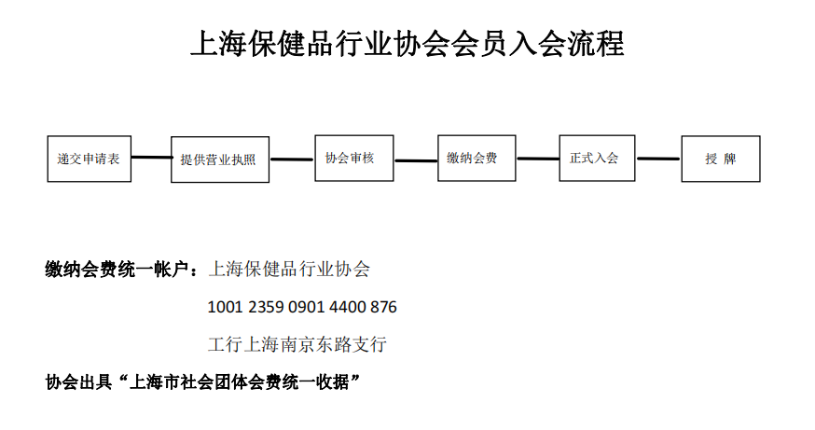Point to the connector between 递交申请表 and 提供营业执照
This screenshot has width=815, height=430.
[x=151, y=157]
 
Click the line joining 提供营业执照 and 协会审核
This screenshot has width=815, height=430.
[x=292, y=160]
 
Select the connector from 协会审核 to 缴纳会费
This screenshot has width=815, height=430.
[x=416, y=160]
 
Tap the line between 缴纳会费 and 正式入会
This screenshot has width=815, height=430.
[x=538, y=159]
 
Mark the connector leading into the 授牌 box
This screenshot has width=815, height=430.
[x=658, y=159]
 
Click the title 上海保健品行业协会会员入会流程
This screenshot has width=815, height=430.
[x=407, y=44]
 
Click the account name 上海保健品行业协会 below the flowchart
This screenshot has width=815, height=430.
[x=289, y=270]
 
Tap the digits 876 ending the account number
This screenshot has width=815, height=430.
[x=383, y=307]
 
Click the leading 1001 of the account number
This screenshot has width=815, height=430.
[x=225, y=307]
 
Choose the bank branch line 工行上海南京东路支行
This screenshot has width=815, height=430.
[x=297, y=344]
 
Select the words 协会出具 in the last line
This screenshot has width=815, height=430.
[x=78, y=382]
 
